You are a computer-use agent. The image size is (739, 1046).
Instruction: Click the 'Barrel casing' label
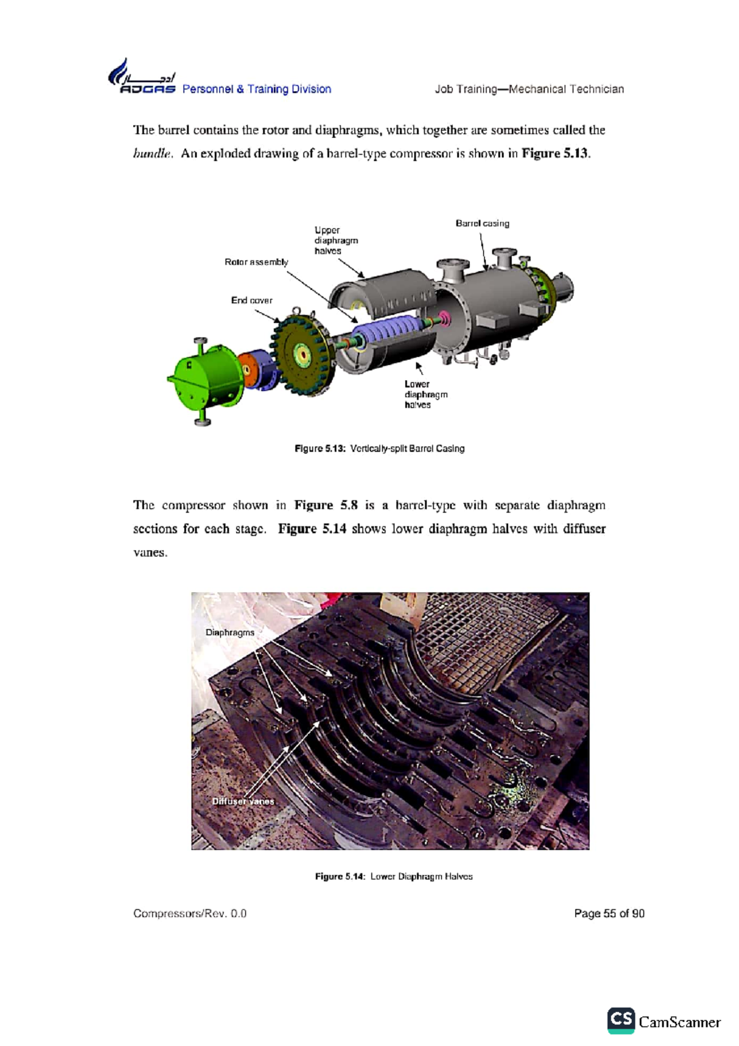pos(482,224)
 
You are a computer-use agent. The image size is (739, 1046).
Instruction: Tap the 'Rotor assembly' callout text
pos(256,262)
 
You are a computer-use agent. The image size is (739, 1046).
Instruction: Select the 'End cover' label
pos(251,301)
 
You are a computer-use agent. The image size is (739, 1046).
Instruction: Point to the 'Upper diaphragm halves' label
pos(336,240)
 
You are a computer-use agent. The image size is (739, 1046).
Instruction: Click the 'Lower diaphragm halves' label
pos(426,394)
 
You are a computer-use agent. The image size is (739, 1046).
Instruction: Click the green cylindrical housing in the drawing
pos(205,376)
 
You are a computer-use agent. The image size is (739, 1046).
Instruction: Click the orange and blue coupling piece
pos(255,370)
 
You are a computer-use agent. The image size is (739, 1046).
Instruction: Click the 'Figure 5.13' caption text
pos(379,448)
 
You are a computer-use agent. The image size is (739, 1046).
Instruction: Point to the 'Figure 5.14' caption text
pos(394,876)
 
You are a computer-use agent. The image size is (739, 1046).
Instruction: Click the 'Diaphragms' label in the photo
pos(230,633)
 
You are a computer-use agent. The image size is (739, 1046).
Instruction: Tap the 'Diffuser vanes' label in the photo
pos(243,801)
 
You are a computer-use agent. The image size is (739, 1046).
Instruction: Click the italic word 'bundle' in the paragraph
pos(151,154)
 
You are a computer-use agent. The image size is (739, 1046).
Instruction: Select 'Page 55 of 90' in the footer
pos(608,914)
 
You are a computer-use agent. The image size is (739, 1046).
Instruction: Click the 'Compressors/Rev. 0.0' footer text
pos(190,914)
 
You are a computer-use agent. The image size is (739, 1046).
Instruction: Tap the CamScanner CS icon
pos(621,1021)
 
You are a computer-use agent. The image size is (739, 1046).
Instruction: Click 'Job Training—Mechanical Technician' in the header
pos(529,89)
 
